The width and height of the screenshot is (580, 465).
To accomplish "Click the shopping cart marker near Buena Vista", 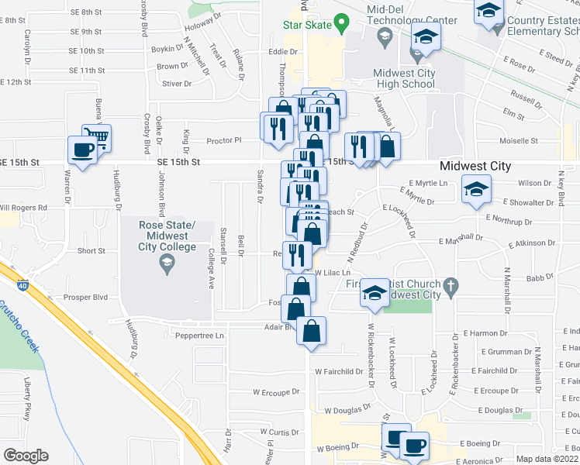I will click(x=96, y=138).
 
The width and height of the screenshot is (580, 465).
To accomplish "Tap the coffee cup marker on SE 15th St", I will click(x=82, y=150).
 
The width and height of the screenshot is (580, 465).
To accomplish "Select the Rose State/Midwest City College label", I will click(x=166, y=236).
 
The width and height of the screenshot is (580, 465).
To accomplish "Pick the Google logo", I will click(x=26, y=456).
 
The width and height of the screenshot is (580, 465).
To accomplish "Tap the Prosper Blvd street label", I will click(x=89, y=297).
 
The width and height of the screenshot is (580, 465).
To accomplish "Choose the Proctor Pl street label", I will click(x=224, y=141).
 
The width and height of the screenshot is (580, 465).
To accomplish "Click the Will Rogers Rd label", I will click(x=23, y=208).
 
